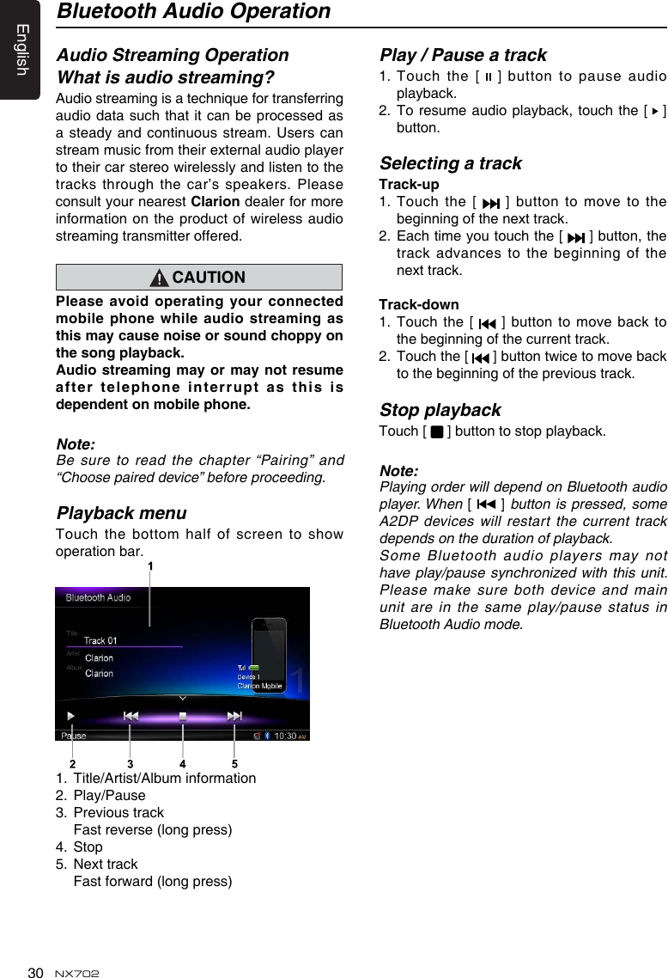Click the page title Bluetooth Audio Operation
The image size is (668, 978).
pyautogui.click(x=193, y=12)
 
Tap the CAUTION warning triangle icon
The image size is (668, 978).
pyautogui.click(x=161, y=278)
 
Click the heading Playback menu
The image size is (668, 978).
pyautogui.click(x=121, y=513)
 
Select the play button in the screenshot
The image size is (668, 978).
pyautogui.click(x=71, y=716)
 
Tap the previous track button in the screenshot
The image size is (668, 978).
pyautogui.click(x=131, y=716)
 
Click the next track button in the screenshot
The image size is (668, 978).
pyautogui.click(x=234, y=716)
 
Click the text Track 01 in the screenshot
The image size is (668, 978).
pyautogui.click(x=100, y=640)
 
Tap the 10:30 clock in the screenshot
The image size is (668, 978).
pyautogui.click(x=285, y=736)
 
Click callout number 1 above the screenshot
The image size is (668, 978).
pyautogui.click(x=150, y=566)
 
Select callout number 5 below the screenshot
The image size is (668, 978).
pyautogui.click(x=234, y=762)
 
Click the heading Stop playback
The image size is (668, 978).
pyautogui.click(x=440, y=410)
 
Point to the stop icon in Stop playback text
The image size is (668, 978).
pyautogui.click(x=437, y=431)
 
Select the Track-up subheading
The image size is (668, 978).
pyautogui.click(x=409, y=185)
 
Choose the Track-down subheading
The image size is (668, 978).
pyautogui.click(x=419, y=304)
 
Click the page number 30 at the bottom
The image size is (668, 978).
pyautogui.click(x=35, y=972)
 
